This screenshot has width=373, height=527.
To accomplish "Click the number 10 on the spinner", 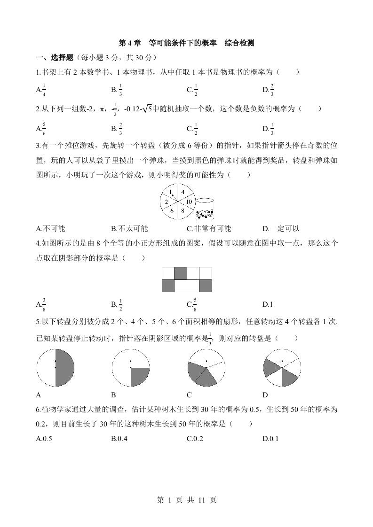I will click(x=189, y=202).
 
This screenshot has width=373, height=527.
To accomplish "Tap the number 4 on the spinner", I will click(x=183, y=192).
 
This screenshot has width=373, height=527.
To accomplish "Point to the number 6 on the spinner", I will click(x=172, y=211).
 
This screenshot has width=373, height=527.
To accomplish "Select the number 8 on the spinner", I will click(x=183, y=211).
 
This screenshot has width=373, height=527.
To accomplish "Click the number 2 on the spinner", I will click(x=166, y=202).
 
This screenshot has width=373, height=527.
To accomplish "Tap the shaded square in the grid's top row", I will click(x=180, y=273).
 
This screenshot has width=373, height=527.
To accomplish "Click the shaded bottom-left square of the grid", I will click(x=168, y=286).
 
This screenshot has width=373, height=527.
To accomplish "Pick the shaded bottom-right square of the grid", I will click(x=205, y=286).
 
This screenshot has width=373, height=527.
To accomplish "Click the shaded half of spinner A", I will click(x=65, y=368).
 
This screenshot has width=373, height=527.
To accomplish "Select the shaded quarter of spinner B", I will click(x=139, y=376).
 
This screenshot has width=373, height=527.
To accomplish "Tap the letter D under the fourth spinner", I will click(x=265, y=395).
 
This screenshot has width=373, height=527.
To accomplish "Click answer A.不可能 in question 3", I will click(x=50, y=229).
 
